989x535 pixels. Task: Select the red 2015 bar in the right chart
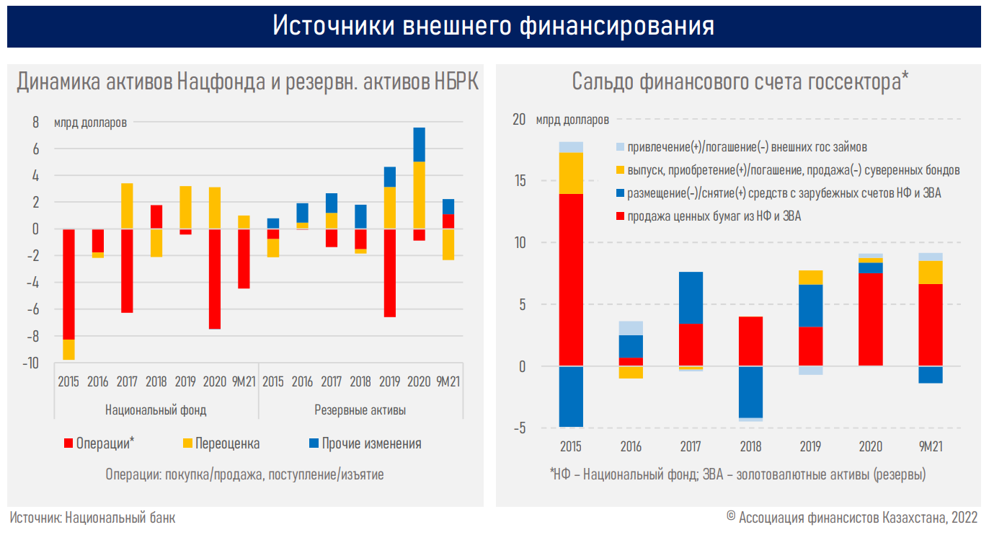coord(570,280)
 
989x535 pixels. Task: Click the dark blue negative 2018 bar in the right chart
coord(750,391)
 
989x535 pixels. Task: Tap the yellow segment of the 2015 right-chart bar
coord(570,173)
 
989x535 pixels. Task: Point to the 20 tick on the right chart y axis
coord(519,120)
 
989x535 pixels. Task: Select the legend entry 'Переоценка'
coord(231,443)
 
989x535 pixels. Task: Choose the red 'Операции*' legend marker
coord(69,443)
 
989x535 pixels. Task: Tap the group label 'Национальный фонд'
coord(156,410)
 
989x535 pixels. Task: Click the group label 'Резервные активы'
coord(360,410)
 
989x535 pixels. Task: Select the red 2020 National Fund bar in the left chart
coord(214,278)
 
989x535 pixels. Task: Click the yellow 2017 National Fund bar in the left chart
coord(126,205)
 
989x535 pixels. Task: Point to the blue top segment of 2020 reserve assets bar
coord(419,144)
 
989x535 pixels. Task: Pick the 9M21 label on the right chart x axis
coord(930,447)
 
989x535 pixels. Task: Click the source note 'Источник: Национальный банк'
coord(92,518)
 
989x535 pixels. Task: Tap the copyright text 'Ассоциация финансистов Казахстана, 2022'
coord(856,518)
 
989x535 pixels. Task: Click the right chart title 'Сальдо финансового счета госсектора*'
coord(740,81)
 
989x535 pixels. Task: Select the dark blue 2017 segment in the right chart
coord(691,298)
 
